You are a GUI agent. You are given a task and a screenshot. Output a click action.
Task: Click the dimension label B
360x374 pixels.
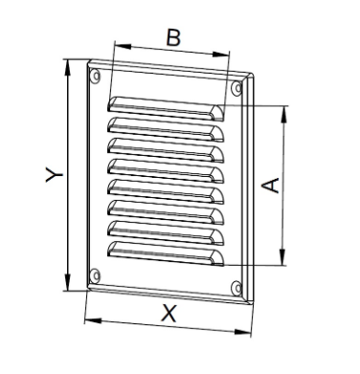coord(173,37)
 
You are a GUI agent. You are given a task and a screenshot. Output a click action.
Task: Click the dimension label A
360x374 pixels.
coord(271,184)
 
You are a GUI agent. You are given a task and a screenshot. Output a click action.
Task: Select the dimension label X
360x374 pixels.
coord(169,313)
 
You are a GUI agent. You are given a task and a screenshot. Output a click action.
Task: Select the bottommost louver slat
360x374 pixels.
coord(166,253)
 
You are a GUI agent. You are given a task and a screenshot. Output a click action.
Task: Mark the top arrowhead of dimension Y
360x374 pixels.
coord(67,63)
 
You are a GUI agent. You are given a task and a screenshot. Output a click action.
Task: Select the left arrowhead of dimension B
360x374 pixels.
coord(118,44)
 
